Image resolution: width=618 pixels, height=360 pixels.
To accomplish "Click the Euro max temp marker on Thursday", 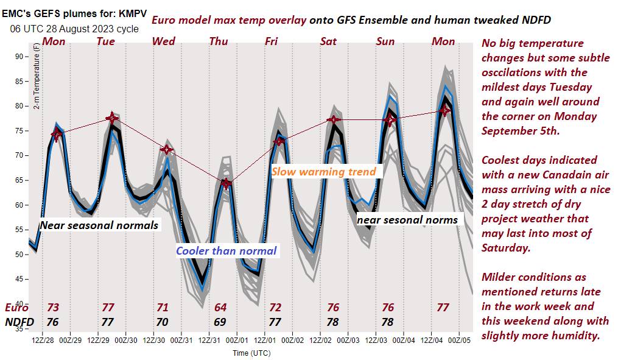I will coord(226,183).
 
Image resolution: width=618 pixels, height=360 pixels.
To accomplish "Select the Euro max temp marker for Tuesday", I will coord(111,118).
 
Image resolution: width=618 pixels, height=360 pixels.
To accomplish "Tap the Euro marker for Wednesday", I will coord(166,150).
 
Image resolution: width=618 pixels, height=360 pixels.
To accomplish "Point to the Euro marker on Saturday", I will coord(333,120).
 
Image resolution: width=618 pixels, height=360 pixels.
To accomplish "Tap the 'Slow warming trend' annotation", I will coord(323,172).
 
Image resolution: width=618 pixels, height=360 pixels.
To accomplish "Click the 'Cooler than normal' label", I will coord(226,250).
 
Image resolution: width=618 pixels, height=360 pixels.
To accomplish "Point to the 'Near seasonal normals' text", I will coord(99,225).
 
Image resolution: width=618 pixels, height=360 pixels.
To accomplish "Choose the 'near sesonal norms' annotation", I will coord(407,219).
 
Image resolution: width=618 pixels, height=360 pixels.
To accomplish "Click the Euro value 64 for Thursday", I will coord(220,308).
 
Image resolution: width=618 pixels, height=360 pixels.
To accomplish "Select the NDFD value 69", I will coord(220,321).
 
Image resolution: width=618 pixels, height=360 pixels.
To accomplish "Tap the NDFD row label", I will coord(19,321).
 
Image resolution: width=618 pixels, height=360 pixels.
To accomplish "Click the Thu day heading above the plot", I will coord(219,41).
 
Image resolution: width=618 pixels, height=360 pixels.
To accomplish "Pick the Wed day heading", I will coord(163,41).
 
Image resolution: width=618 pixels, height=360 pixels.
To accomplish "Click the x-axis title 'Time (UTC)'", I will coord(251,353).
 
